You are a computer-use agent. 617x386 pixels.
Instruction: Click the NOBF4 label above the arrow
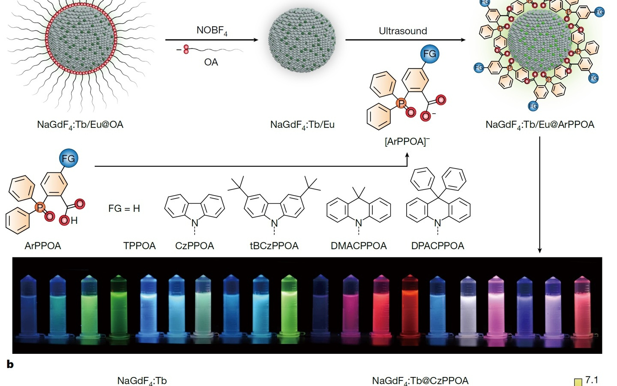[212, 31]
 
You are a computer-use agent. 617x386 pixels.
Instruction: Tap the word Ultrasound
[403, 31]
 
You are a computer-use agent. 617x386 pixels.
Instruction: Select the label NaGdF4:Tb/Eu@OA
[80, 125]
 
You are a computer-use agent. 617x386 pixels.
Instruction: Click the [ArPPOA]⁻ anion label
[407, 141]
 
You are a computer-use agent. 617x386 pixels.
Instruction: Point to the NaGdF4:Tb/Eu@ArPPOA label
[540, 125]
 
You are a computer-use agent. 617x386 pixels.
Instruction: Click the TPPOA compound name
[139, 246]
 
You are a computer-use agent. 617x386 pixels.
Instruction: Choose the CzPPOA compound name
[195, 246]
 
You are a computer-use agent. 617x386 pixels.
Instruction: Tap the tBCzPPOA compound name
[274, 246]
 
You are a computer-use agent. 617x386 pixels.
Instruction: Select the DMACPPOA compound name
[359, 246]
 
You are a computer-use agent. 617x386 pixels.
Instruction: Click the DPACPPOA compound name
[437, 246]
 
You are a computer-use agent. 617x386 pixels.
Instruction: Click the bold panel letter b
[10, 365]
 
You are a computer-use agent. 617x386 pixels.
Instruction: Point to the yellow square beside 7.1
[578, 382]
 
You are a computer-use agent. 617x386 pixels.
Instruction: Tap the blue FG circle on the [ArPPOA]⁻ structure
[429, 54]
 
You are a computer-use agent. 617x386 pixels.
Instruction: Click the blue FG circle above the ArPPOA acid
[69, 159]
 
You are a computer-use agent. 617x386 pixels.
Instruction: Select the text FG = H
[124, 209]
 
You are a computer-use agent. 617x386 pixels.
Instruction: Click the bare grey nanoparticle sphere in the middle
[302, 40]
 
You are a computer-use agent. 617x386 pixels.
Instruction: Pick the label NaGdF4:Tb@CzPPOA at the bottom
[420, 380]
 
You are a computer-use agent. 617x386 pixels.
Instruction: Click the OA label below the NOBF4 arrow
[211, 62]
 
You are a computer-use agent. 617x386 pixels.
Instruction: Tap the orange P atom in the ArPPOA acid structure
[40, 208]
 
